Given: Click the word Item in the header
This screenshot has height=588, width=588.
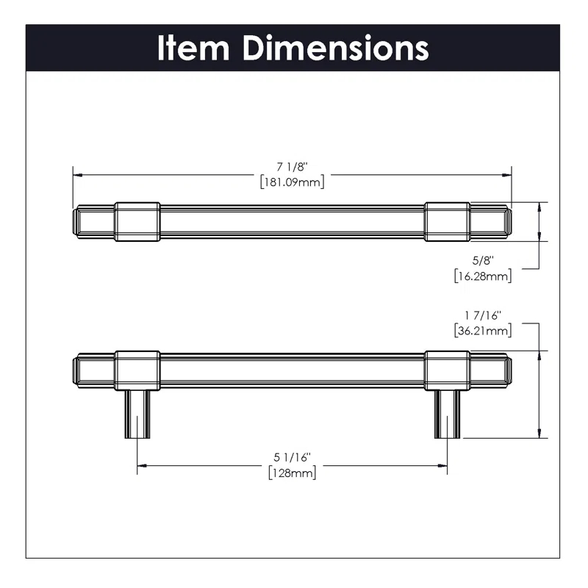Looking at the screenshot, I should pyautogui.click(x=193, y=48).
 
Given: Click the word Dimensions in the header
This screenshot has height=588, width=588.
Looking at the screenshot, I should pyautogui.click(x=337, y=48).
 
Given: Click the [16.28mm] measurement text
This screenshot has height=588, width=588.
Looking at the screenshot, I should pyautogui.click(x=483, y=276).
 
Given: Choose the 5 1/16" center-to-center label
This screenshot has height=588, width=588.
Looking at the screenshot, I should pyautogui.click(x=292, y=457).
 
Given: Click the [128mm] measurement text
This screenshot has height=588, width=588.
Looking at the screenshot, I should pyautogui.click(x=292, y=473).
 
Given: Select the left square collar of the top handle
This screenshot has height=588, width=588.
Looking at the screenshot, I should pyautogui.click(x=137, y=221).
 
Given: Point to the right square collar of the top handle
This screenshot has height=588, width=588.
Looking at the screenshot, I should pyautogui.click(x=447, y=221).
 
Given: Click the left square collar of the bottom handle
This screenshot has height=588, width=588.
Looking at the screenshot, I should pyautogui.click(x=137, y=370).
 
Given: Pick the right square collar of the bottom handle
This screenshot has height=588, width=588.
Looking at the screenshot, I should pyautogui.click(x=447, y=370).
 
